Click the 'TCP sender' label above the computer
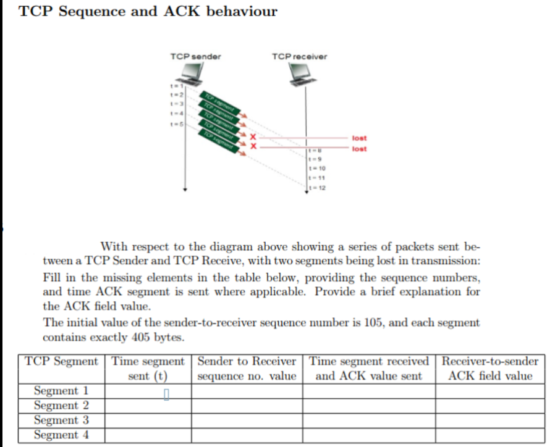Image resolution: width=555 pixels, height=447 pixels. point(195,56)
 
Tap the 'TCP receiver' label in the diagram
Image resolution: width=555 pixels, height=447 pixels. point(300,56)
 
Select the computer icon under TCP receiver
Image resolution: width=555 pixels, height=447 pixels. point(305,73)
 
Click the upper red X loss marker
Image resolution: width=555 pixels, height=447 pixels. point(252,137)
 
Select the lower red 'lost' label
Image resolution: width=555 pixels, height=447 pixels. point(358,148)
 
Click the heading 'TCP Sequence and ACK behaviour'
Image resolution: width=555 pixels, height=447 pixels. point(148,12)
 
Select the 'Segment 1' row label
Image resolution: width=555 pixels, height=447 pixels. point(61,391)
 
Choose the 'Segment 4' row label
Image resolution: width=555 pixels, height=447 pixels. point(61,435)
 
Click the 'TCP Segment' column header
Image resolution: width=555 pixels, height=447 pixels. point(61,361)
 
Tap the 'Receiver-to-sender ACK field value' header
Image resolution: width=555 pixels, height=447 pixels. point(490,369)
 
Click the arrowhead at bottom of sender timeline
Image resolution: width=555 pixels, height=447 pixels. point(184,190)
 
